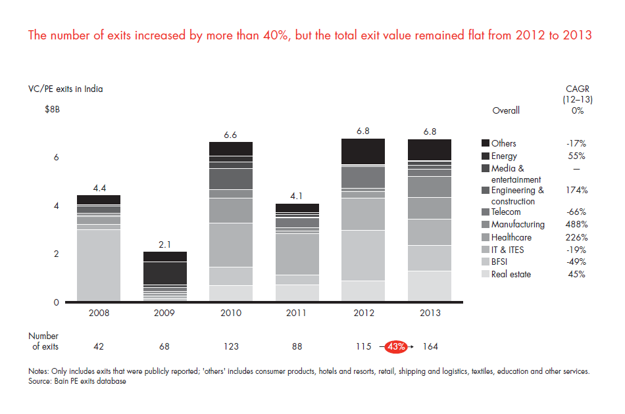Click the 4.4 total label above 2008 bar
tap(99, 188)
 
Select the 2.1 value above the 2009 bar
tap(164, 244)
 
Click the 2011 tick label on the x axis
tap(296, 312)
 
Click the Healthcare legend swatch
tap(486, 237)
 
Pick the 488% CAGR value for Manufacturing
tap(576, 225)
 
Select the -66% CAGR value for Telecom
tap(576, 212)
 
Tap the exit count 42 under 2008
tap(99, 346)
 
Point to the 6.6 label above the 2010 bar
tap(230, 135)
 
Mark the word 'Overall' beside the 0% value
tap(506, 110)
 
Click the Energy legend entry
tap(504, 156)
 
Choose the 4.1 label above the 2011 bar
tap(296, 196)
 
